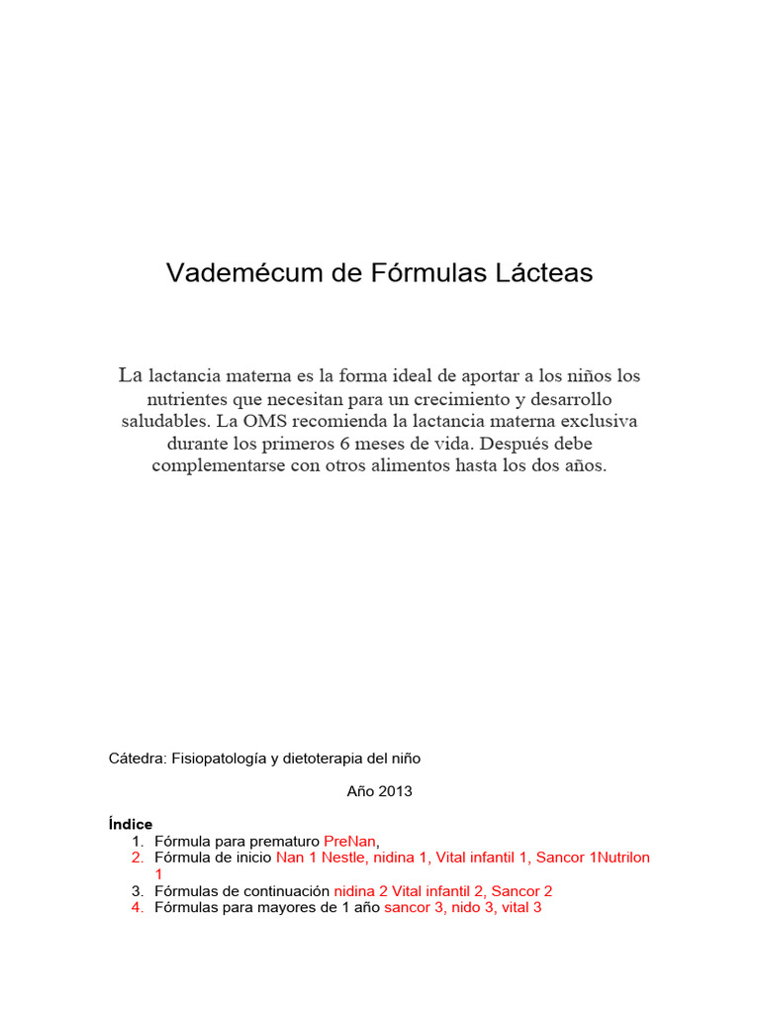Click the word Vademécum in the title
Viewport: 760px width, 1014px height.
pyautogui.click(x=236, y=273)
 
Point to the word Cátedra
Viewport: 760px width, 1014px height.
pyautogui.click(x=137, y=759)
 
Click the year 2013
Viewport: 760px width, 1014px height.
pyautogui.click(x=393, y=791)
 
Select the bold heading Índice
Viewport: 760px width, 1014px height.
pyautogui.click(x=131, y=824)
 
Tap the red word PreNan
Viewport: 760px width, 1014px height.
pyautogui.click(x=350, y=841)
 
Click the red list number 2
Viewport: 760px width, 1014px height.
pyautogui.click(x=138, y=858)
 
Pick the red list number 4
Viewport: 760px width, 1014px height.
pyautogui.click(x=138, y=907)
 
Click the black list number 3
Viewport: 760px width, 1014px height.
pyautogui.click(x=138, y=890)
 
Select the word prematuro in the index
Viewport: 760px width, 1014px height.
pyautogui.click(x=287, y=841)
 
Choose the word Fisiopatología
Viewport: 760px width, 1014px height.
pyautogui.click(x=219, y=759)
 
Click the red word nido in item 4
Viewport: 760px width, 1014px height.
pyautogui.click(x=465, y=907)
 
